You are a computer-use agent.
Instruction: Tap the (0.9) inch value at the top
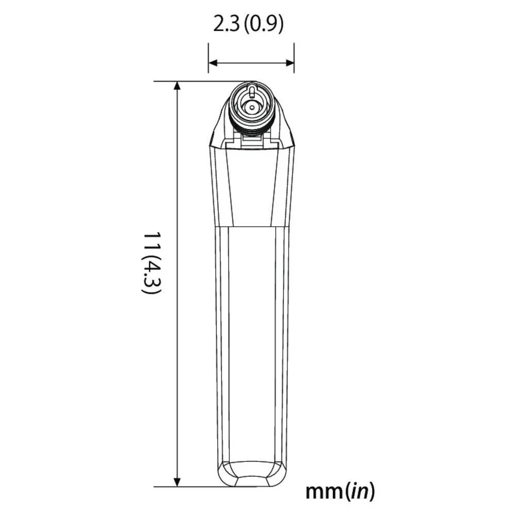point(263,25)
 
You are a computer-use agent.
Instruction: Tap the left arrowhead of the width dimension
point(212,63)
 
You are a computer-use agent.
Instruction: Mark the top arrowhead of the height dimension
point(178,86)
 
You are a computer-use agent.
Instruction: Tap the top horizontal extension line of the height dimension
point(196,81)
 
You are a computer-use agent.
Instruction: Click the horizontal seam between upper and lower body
point(251,227)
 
